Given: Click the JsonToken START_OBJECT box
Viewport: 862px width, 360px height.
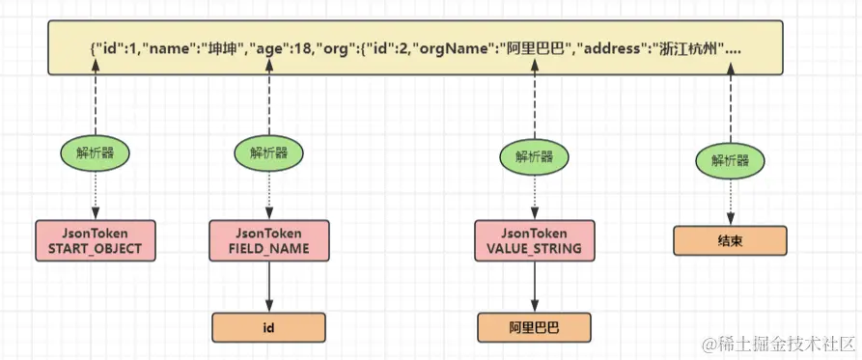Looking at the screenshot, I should pos(95,241).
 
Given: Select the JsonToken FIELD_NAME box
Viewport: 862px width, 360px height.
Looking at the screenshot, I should pos(269,241).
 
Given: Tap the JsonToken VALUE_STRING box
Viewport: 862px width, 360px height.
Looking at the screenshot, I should pos(534,241).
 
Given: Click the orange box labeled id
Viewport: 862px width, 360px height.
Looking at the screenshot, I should pos(269,328).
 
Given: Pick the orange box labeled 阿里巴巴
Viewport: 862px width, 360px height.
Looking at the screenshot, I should pos(534,328).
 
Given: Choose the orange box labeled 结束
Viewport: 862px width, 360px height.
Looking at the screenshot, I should pos(730,240).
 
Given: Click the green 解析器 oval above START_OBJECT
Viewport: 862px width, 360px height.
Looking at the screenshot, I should pos(95,152).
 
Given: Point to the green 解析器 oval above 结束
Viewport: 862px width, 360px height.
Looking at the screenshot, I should pos(730,160).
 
